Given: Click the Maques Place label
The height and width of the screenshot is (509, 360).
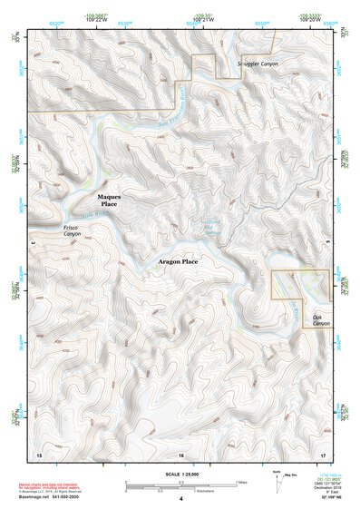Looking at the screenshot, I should coord(109,201).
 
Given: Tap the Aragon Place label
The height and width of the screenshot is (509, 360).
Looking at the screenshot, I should coord(178,261).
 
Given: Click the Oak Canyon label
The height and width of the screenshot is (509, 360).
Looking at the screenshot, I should coord(322,320).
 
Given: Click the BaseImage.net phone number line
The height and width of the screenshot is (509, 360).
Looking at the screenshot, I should coord(49,499).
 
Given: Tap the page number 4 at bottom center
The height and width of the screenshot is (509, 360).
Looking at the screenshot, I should coord(180,499).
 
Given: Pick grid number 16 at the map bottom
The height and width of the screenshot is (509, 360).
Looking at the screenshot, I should coord(180,454).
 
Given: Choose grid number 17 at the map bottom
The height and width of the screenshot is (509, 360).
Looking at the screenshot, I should coord(323,454).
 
